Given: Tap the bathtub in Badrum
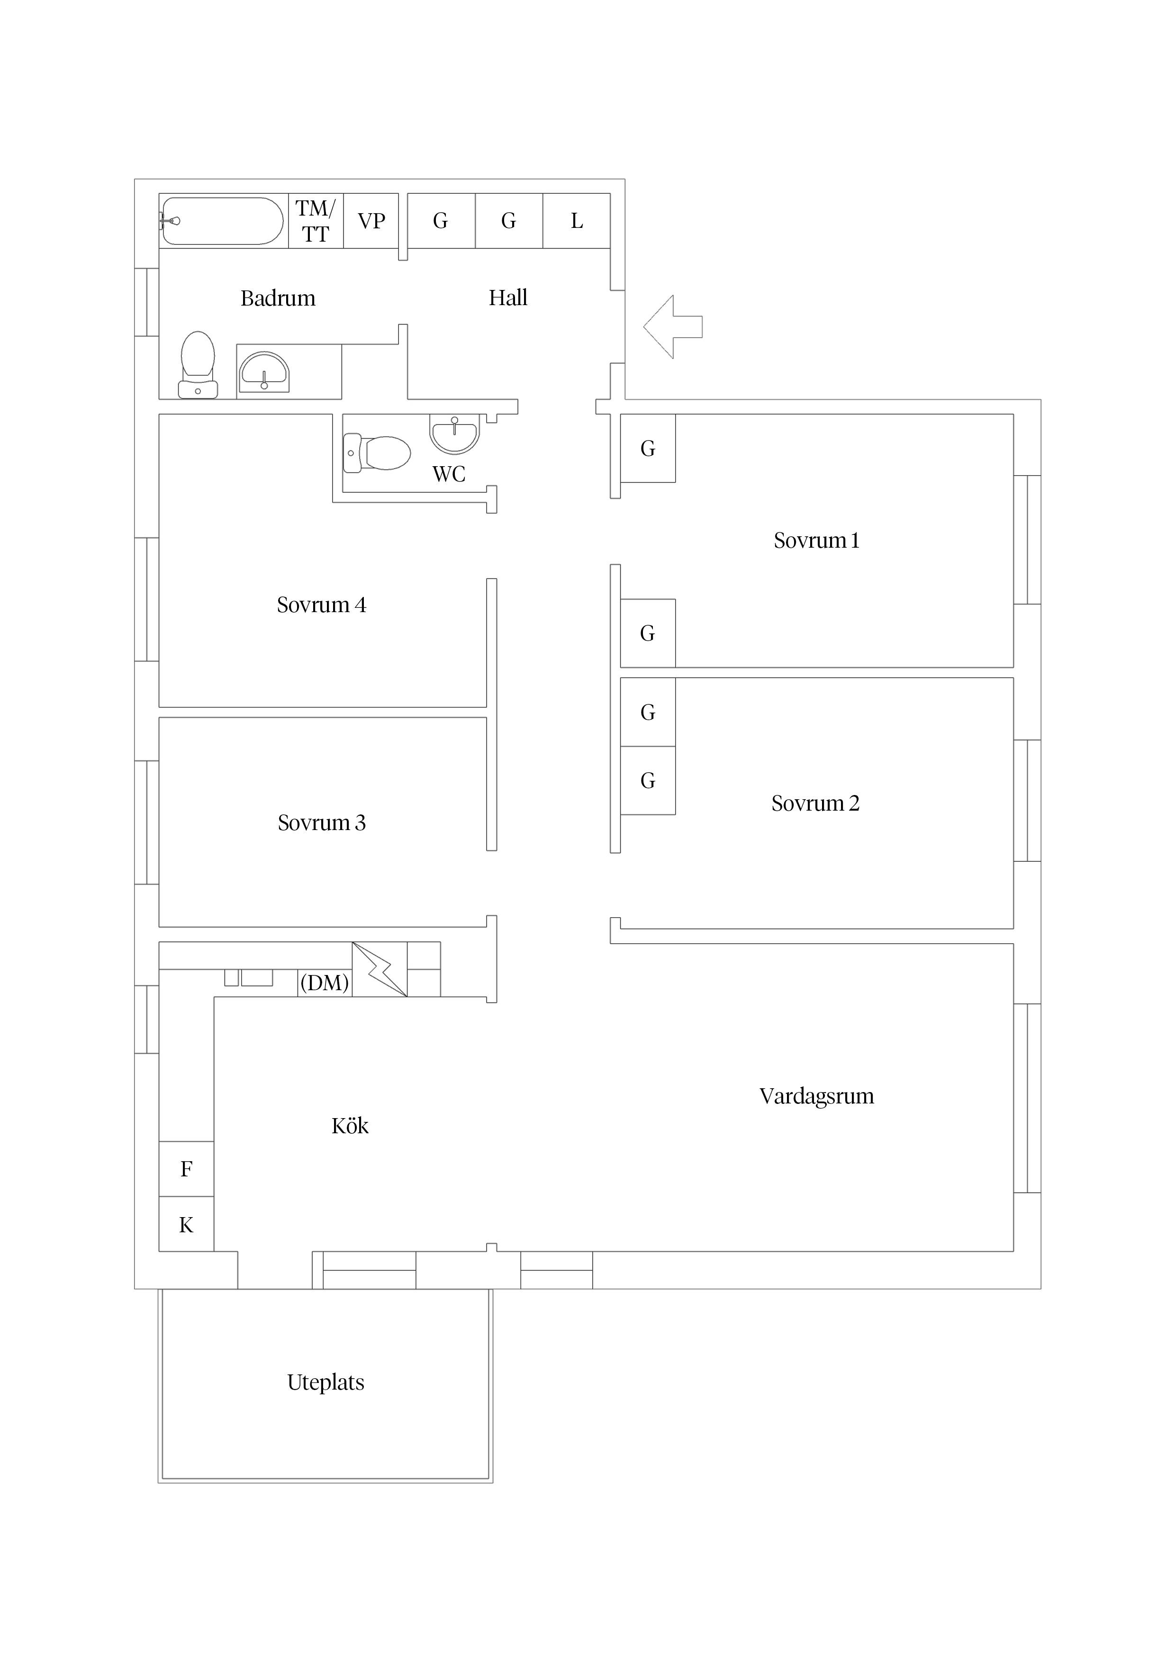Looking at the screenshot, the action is point(222,221).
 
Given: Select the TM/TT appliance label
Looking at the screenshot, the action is point(316,221).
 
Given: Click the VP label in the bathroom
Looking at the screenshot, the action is point(371,221).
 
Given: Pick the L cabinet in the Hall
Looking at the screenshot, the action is point(576,221).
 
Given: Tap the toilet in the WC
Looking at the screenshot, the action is point(377,453).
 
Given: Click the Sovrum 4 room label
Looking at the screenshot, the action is point(321,605).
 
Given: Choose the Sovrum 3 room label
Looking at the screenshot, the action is point(321,822).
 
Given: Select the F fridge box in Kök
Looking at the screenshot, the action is point(186,1169).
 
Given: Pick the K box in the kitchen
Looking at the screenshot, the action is point(186,1225).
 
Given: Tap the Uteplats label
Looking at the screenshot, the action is point(326,1382).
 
